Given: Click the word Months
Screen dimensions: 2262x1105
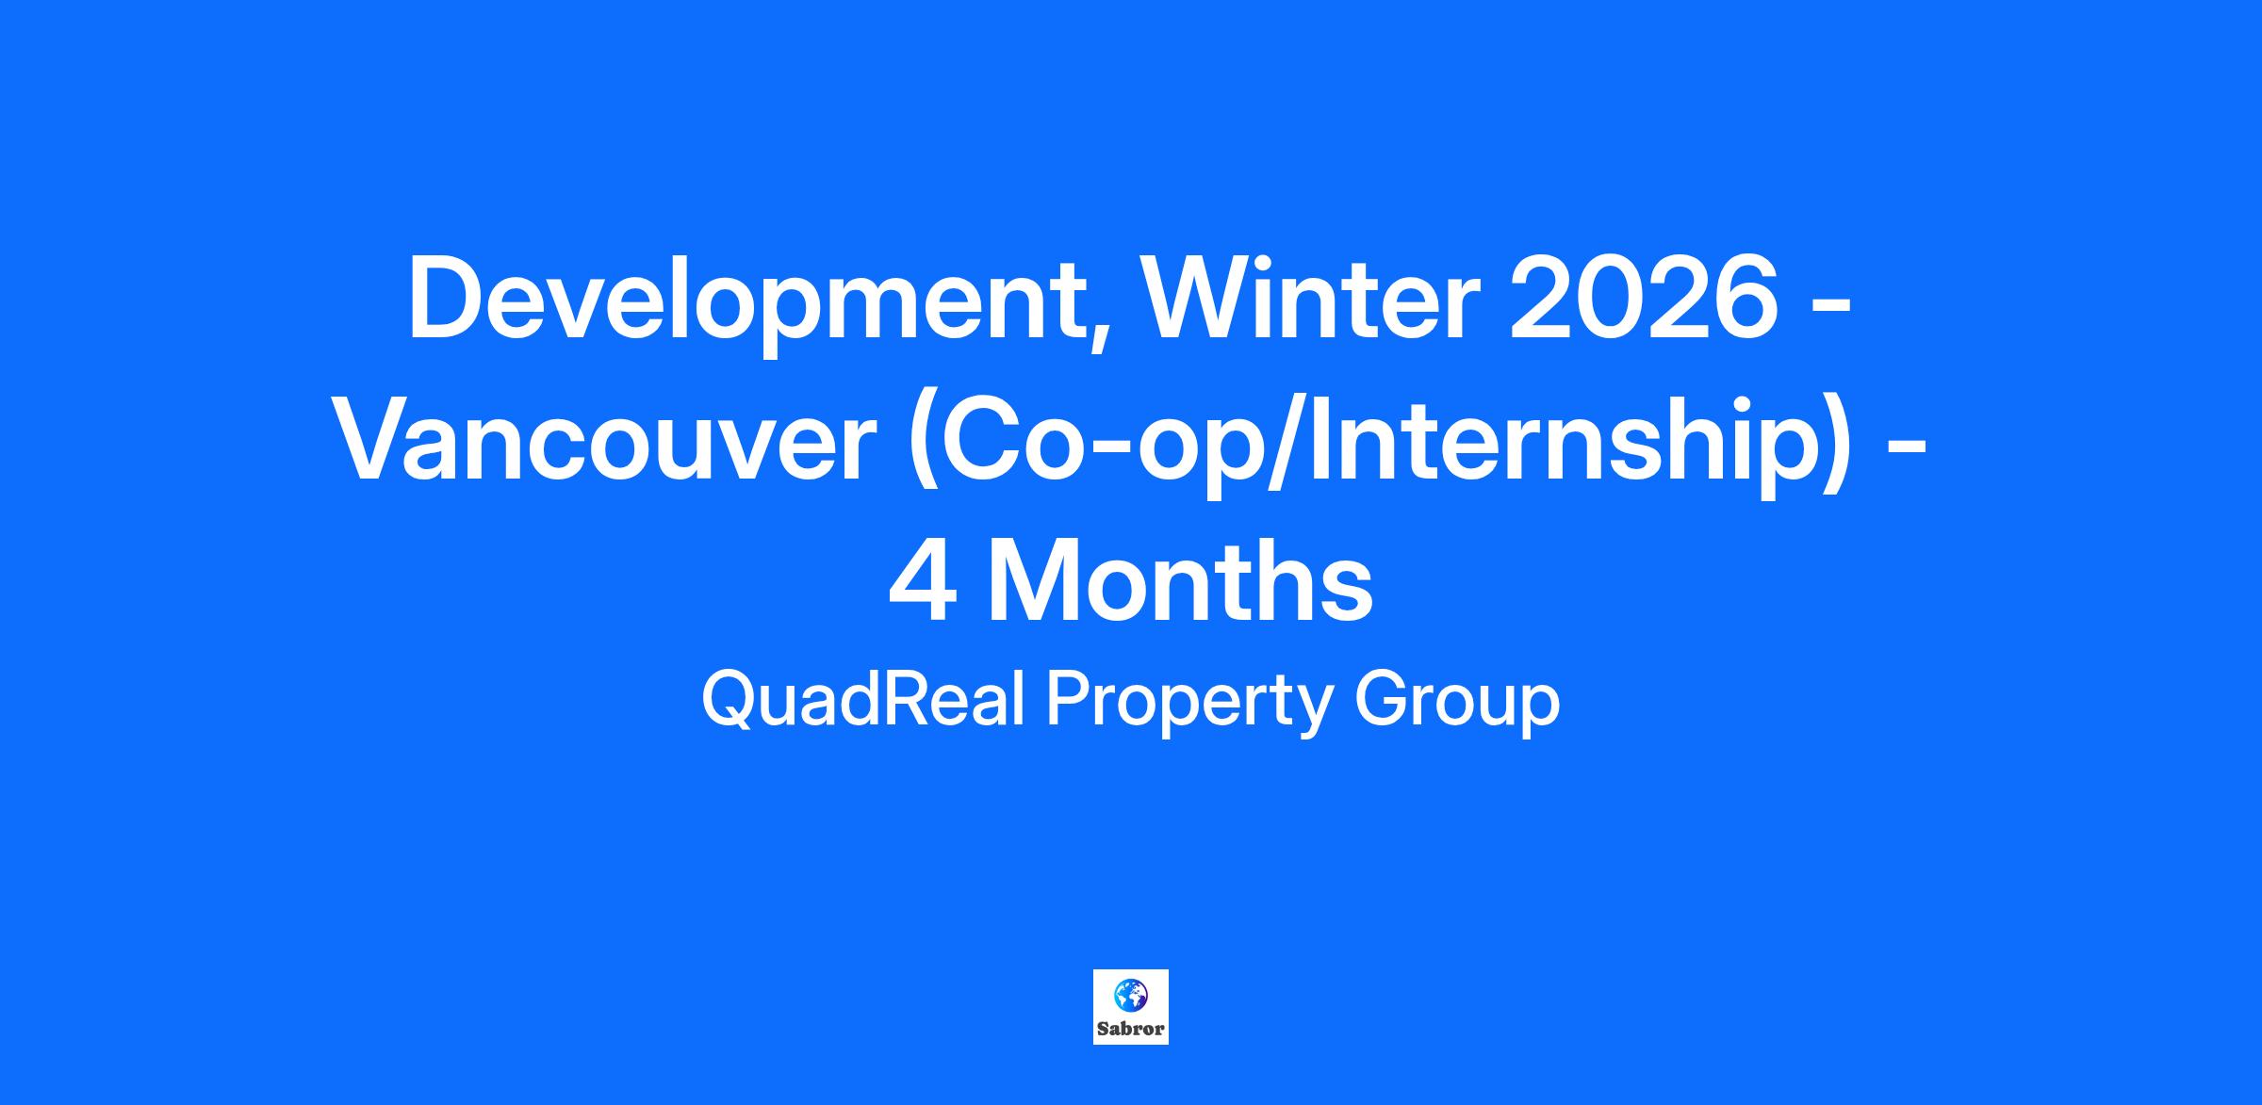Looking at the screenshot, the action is pos(1179,581).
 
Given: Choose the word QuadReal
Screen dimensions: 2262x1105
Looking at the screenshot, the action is pos(862,701).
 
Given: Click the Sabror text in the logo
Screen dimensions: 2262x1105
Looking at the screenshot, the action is pos(1131,1029).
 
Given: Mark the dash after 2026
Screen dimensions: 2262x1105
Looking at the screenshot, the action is pos(1832,308).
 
